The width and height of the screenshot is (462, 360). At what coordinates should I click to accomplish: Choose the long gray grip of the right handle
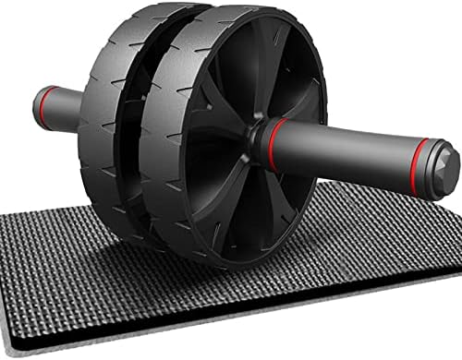click(346, 148)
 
